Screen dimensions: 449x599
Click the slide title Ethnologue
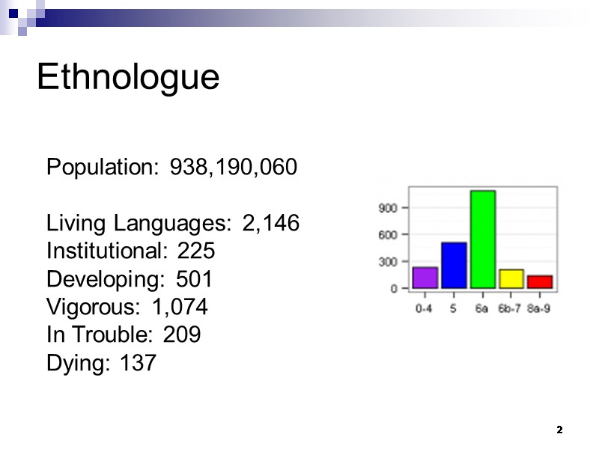[x=128, y=77]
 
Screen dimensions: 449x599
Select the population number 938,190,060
[x=234, y=167]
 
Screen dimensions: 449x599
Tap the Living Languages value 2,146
[x=271, y=223]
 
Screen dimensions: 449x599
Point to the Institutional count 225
[x=195, y=251]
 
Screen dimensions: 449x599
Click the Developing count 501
[x=194, y=279]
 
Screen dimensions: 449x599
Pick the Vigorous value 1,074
[x=180, y=308]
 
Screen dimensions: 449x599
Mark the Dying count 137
[x=138, y=364]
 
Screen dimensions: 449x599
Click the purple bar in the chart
[x=425, y=278]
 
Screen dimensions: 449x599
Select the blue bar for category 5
[x=454, y=265]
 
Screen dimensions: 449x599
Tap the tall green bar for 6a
[x=483, y=239]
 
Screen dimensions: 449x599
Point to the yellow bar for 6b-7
[x=511, y=278]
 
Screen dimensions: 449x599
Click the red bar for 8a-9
[x=540, y=281]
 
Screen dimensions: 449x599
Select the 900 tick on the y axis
[x=386, y=207]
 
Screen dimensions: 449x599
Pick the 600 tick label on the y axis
[x=386, y=234]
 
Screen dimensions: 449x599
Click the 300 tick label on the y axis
[x=386, y=261]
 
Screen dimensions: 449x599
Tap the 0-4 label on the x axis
[x=425, y=308]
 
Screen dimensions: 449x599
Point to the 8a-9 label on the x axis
[x=539, y=308]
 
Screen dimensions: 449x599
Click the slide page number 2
[x=559, y=430]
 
